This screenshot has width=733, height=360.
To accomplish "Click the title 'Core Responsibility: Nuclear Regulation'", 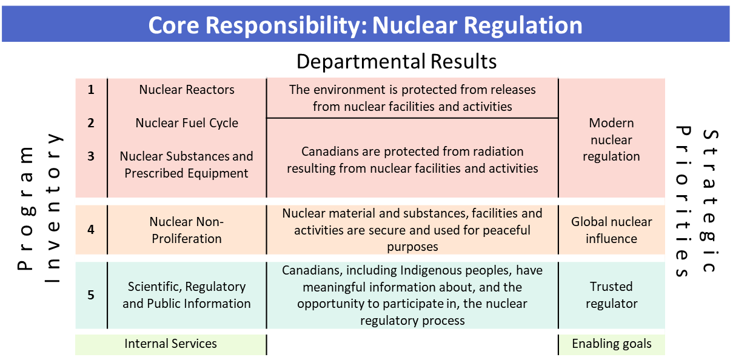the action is pos(365,25).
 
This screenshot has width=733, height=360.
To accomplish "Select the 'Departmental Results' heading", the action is pos(397,61).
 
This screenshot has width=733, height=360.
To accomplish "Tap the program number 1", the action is pos(91,90).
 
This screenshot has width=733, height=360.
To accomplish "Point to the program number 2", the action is pos(91,123).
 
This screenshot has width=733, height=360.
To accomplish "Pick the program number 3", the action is pos(91,156).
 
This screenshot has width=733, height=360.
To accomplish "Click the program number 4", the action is pos(91,230).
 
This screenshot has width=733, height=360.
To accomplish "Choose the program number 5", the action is pos(91,295).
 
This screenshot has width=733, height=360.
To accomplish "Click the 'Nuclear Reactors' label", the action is pos(187,90).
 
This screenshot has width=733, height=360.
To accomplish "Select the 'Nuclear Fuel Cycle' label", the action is pos(187,123).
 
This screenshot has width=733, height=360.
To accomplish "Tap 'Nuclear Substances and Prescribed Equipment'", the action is pos(186,165).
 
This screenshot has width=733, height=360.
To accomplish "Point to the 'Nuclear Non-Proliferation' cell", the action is pos(187,230).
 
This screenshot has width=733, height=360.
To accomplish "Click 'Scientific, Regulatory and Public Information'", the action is pos(187,295).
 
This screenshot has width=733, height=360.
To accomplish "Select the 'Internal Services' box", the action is pos(170,344).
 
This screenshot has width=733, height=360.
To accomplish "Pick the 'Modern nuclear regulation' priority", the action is pos(611,139).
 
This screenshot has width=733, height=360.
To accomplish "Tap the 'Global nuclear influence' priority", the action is pos(611,230).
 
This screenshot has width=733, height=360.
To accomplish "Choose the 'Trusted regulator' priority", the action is pos(611,295).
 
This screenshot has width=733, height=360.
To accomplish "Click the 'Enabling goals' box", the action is pos(611,344).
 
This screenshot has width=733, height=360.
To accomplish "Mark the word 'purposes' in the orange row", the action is pos(412,247).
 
